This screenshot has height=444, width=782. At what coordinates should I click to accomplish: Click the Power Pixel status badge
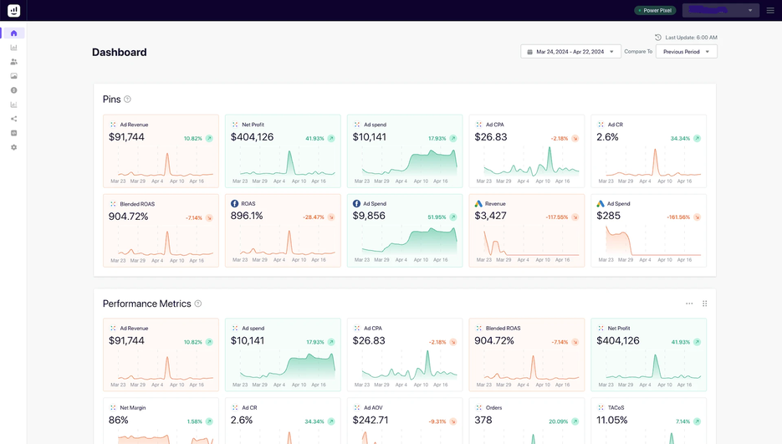tap(655, 10)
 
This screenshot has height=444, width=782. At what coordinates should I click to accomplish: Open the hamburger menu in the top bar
tap(770, 10)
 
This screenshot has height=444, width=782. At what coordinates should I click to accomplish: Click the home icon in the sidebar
tap(13, 33)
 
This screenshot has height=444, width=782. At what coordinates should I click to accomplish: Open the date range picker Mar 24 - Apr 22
tap(570, 52)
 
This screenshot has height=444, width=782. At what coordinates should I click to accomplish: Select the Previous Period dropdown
tap(686, 52)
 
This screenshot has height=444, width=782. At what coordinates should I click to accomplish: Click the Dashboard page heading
tap(120, 52)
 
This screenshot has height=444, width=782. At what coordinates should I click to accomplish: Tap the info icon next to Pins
tap(127, 100)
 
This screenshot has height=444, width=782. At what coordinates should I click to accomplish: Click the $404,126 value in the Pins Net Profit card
tap(252, 137)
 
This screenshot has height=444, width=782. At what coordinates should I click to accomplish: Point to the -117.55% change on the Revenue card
tap(557, 217)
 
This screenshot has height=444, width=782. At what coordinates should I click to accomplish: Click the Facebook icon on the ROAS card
tap(235, 204)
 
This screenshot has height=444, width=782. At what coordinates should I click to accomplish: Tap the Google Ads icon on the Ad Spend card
tap(601, 204)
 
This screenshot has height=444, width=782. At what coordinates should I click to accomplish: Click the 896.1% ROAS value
tap(247, 216)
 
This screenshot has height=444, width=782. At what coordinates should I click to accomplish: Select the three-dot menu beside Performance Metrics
tap(689, 304)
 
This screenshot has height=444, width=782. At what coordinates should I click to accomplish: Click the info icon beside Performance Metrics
tap(198, 304)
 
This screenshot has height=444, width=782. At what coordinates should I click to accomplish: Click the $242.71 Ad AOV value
tap(371, 420)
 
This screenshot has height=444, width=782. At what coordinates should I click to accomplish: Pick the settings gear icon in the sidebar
tap(13, 147)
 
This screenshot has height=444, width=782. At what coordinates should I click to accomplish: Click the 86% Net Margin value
tap(119, 420)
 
